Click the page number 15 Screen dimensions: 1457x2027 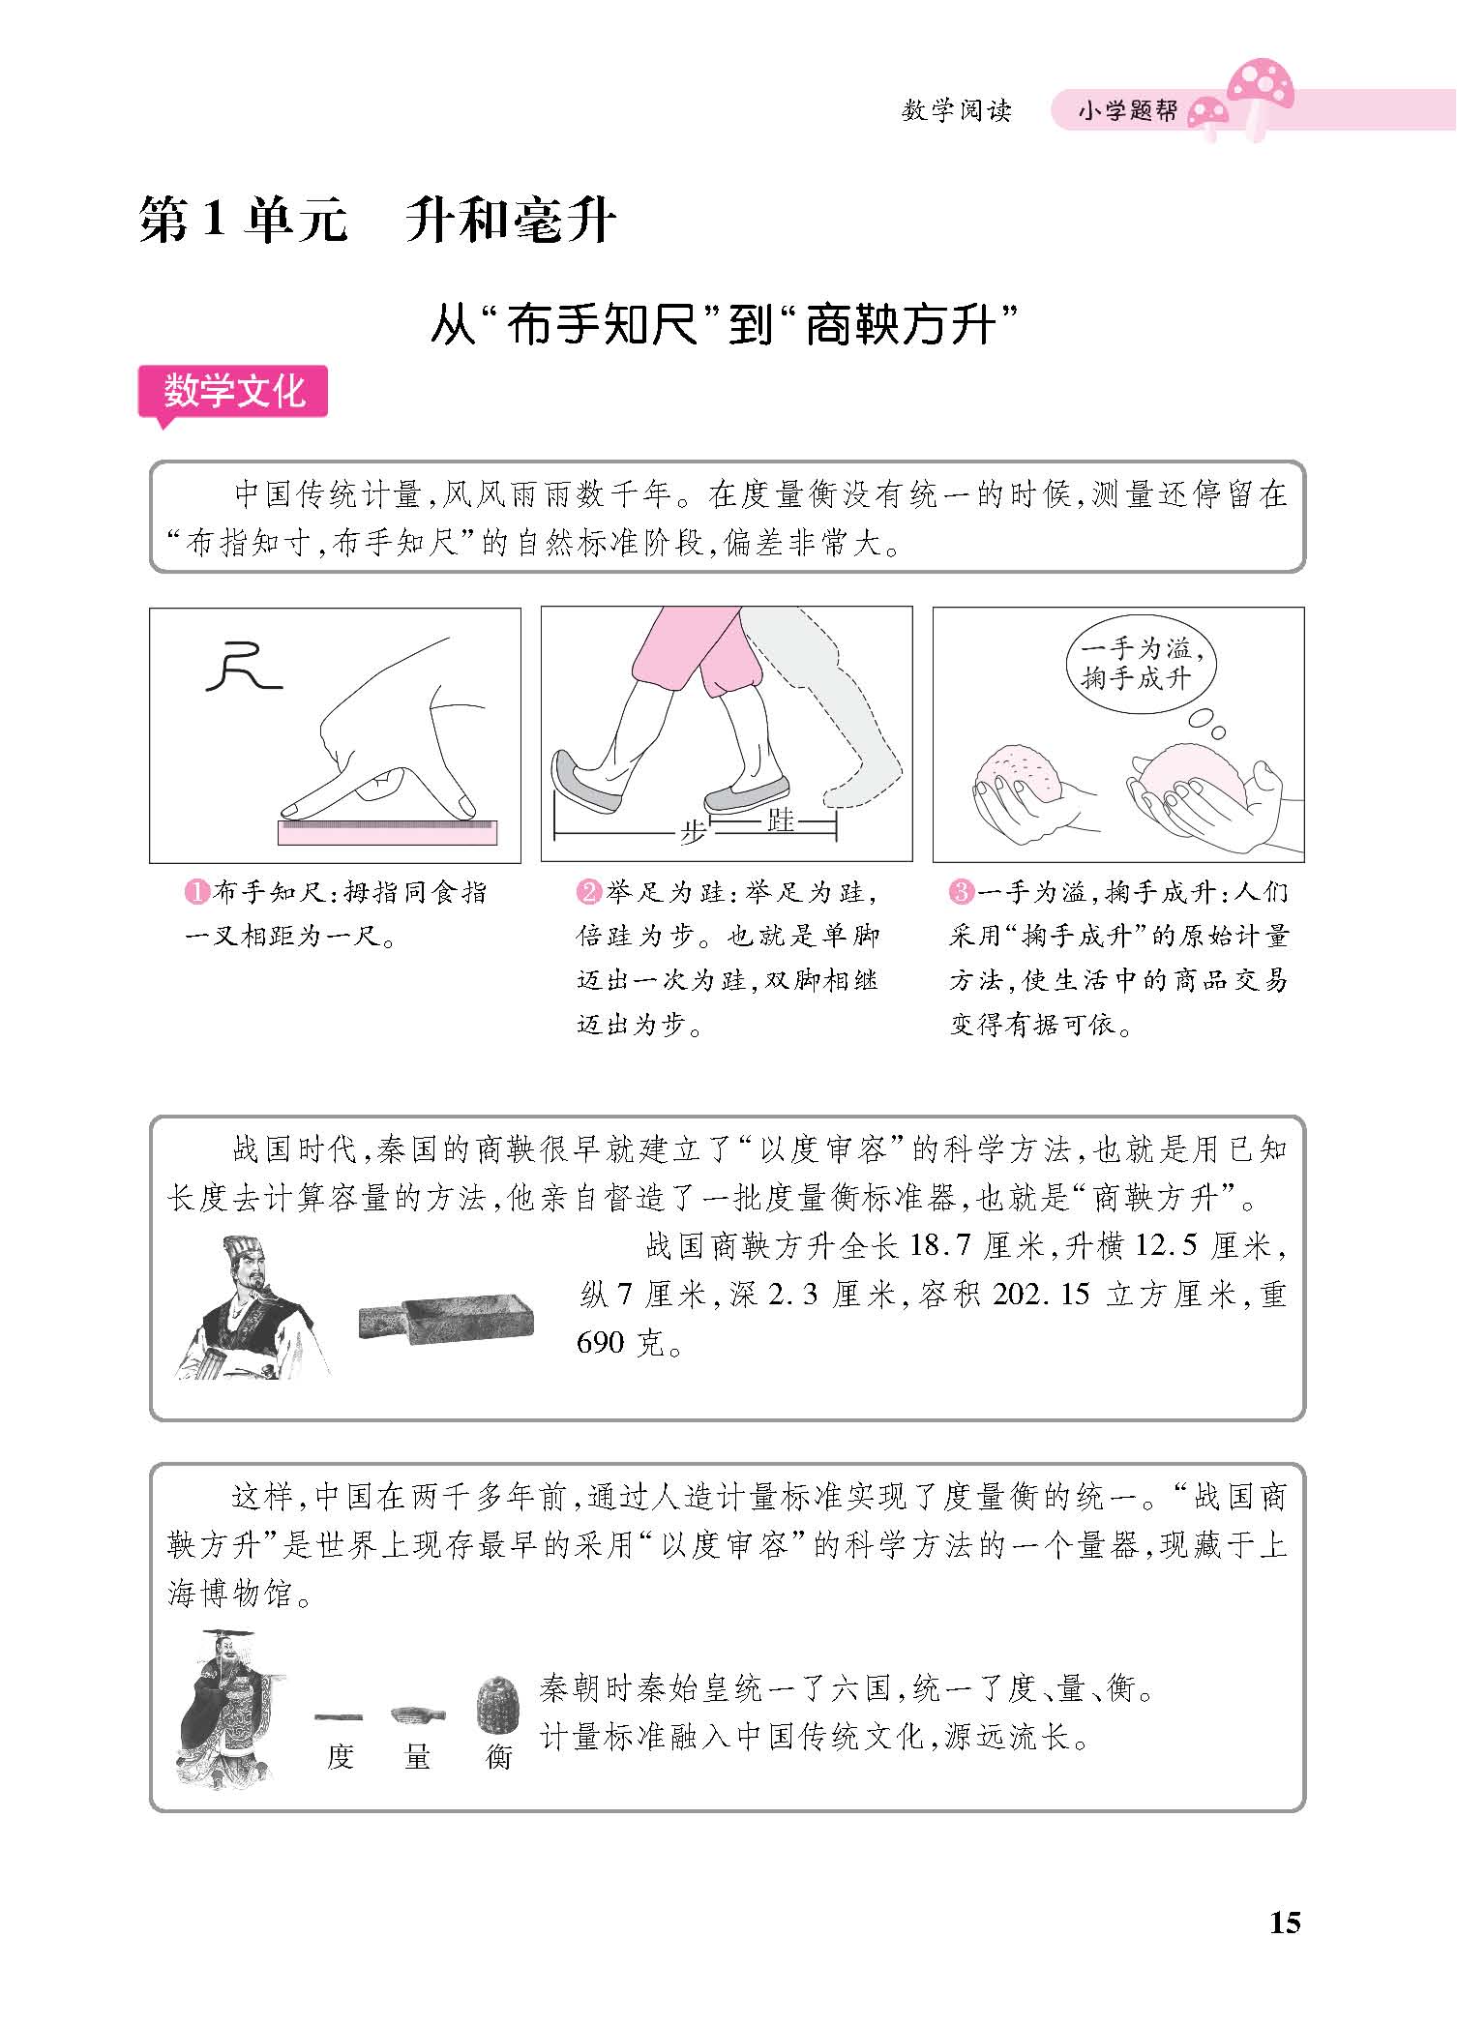pyautogui.click(x=1285, y=1923)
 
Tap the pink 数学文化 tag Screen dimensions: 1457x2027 pyautogui.click(x=233, y=393)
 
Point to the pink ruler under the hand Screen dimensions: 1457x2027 pyautogui.click(x=387, y=832)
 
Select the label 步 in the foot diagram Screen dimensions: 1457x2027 pyautogui.click(x=693, y=832)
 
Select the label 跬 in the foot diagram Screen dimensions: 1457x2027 pyautogui.click(x=779, y=820)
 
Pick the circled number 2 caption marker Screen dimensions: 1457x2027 pyautogui.click(x=588, y=892)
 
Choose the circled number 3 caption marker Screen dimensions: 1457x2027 pyautogui.click(x=960, y=892)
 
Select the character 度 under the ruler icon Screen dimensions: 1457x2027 pyautogui.click(x=340, y=1756)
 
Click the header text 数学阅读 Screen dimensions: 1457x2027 pyautogui.click(x=956, y=111)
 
